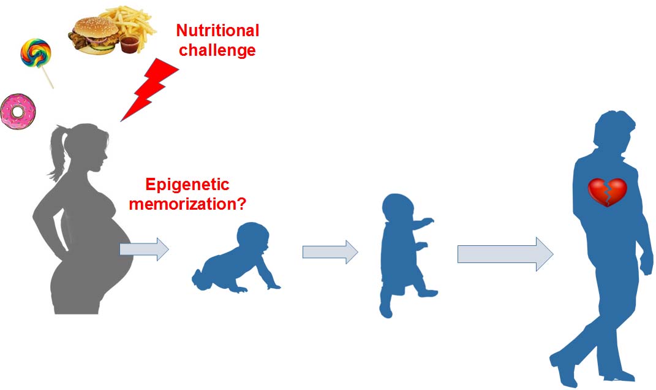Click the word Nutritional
[x=217, y=31]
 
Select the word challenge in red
[x=217, y=50]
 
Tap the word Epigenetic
[x=187, y=185]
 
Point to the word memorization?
[x=187, y=204]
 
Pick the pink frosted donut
[x=18, y=111]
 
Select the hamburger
[x=94, y=36]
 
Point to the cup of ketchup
[x=129, y=44]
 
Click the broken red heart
[x=608, y=193]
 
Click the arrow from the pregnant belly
[x=145, y=249]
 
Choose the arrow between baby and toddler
[x=330, y=252]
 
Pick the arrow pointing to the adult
[x=505, y=254]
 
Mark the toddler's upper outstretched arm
[x=423, y=223]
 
